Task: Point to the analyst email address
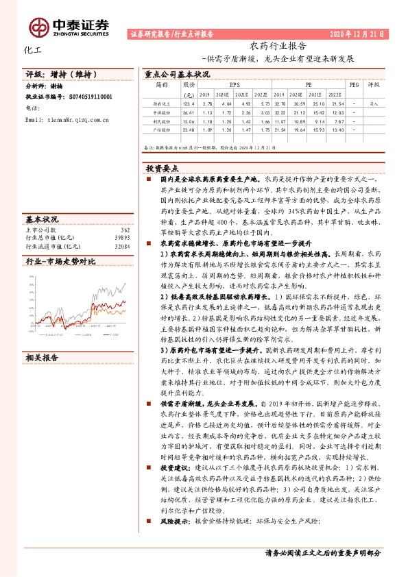click(74, 119)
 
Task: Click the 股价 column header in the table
click(189, 84)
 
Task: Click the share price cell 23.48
click(189, 128)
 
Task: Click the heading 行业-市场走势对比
click(60, 262)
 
